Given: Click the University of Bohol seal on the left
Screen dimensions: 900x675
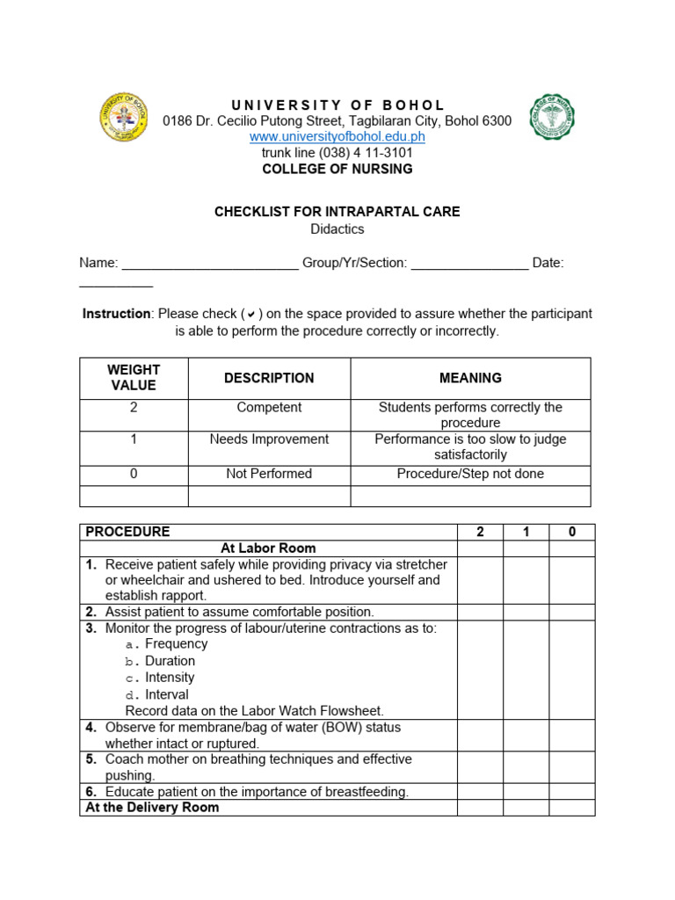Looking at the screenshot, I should click(125, 117).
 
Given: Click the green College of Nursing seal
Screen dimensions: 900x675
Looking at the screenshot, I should click(551, 117).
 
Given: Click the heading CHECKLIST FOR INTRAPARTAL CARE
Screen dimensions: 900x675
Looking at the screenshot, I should click(337, 212).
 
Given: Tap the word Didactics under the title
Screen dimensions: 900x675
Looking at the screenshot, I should click(337, 229).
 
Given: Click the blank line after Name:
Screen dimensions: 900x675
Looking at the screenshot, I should click(210, 263).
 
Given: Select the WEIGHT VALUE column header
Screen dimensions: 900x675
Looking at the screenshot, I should click(134, 378).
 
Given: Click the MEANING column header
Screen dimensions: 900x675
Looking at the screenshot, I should click(470, 378).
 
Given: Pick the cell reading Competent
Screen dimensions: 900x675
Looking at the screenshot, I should click(269, 408).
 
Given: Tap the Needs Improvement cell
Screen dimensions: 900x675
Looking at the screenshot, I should click(269, 439).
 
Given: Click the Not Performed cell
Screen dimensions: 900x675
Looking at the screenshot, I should click(269, 474).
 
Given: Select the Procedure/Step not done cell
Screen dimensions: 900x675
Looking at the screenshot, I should click(470, 474).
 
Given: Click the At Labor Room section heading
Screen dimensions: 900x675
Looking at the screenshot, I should click(268, 548).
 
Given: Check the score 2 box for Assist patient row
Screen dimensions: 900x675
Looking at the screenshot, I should click(480, 612).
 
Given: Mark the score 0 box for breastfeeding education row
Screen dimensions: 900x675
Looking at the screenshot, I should click(572, 791).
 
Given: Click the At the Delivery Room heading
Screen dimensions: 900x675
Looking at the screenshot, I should click(152, 807).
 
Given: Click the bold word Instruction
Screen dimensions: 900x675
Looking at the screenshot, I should click(116, 314).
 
